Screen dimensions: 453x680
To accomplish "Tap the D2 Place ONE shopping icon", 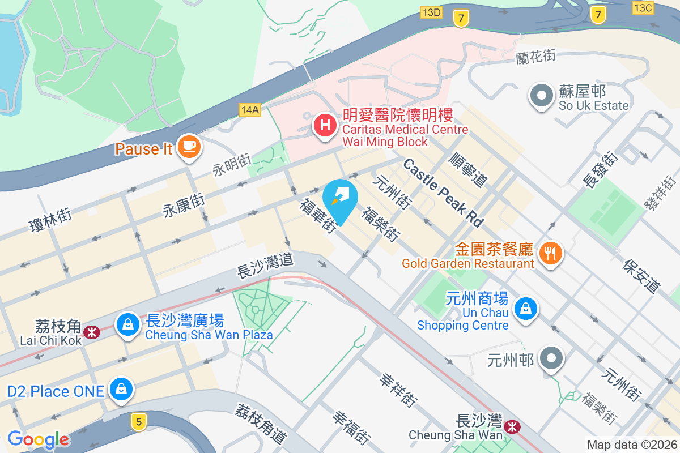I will [x=121, y=390].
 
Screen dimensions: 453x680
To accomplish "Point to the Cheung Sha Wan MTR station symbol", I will [x=512, y=426].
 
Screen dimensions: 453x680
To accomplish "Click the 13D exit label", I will [x=431, y=12].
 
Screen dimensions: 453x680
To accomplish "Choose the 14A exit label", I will [x=249, y=110].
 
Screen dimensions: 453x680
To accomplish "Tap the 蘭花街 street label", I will [x=535, y=57].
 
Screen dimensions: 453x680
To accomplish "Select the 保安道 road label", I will [x=641, y=276].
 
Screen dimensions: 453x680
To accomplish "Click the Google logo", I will [x=39, y=439].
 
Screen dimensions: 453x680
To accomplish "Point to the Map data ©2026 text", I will [x=631, y=445].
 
